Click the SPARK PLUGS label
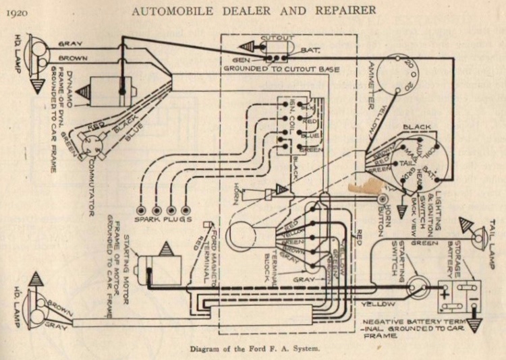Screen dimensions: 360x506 coord(163,220)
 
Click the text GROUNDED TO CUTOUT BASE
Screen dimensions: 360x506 coord(281,68)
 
